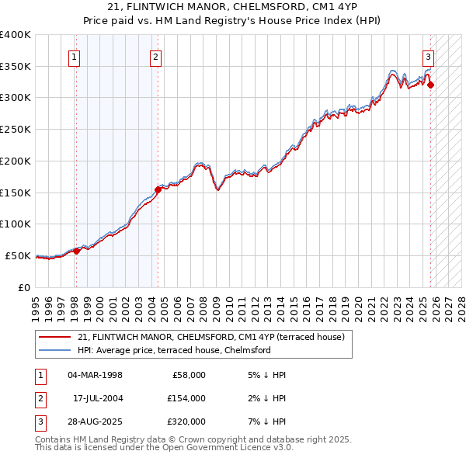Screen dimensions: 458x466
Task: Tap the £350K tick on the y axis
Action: click(x=16, y=66)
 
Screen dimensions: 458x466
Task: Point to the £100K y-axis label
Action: click(x=16, y=224)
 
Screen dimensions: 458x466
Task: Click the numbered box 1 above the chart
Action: click(x=74, y=56)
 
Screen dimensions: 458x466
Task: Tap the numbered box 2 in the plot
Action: click(x=156, y=56)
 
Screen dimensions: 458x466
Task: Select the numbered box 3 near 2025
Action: click(x=428, y=56)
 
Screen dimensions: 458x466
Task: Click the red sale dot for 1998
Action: click(x=76, y=251)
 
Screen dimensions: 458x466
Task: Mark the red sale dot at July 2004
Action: click(x=158, y=189)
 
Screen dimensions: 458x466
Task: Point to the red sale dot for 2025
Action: click(x=431, y=85)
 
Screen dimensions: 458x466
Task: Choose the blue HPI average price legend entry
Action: click(x=174, y=350)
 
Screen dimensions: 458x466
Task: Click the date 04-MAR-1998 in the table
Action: click(x=95, y=375)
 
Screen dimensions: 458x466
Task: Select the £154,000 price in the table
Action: click(x=186, y=398)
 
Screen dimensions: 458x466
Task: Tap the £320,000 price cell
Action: click(x=186, y=422)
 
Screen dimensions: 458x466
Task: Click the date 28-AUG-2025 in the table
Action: click(x=95, y=422)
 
